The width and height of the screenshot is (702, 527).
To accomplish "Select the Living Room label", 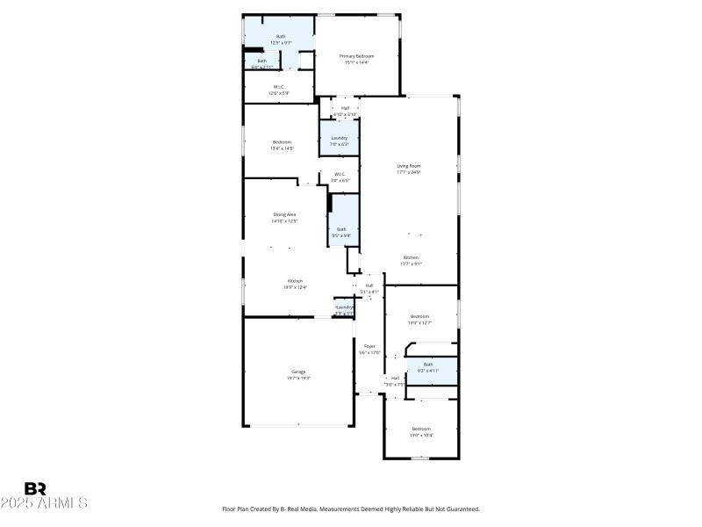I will [409, 169].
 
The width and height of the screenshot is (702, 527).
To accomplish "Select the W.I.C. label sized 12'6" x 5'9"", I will [278, 89].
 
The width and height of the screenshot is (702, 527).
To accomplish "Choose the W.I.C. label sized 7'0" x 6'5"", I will [340, 176].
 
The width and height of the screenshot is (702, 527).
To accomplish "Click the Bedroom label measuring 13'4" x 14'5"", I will [282, 145].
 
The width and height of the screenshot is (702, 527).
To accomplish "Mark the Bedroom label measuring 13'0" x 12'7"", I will [420, 319].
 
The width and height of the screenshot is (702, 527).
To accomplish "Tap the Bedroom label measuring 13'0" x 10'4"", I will [421, 431].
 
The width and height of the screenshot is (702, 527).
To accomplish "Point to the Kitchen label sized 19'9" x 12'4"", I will [294, 284].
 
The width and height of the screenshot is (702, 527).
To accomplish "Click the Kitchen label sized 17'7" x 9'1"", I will [411, 260].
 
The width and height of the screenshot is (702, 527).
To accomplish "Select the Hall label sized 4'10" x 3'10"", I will [345, 111].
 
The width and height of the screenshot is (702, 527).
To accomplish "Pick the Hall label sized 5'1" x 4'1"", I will [369, 287].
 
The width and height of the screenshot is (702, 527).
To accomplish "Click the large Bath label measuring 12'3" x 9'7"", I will [280, 39].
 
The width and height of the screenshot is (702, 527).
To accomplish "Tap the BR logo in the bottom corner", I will [35, 488].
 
